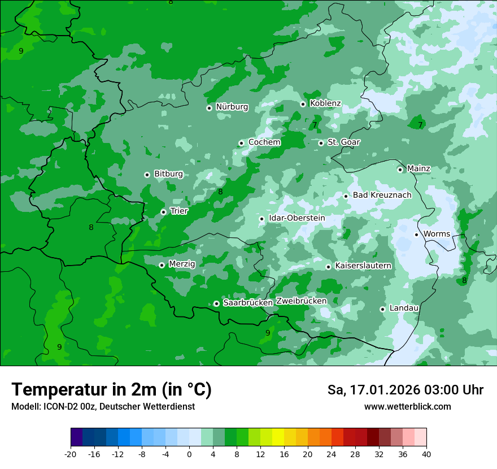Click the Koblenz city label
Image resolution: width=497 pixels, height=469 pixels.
tap(325, 103)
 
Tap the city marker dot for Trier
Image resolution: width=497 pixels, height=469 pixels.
tap(163, 212)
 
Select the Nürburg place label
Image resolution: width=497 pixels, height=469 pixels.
tap(232, 107)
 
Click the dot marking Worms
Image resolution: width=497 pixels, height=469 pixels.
tap(416, 234)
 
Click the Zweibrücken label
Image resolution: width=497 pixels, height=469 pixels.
tap(301, 301)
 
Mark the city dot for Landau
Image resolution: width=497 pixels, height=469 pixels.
tap(382, 309)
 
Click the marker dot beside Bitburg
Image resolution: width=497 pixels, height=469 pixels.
tap(147, 175)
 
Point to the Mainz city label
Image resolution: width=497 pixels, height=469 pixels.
tap(418, 169)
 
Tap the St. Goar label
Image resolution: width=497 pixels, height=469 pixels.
tap(343, 142)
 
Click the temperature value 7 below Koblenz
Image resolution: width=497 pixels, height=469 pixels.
tap(315, 125)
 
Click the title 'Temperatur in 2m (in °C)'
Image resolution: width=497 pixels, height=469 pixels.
tap(111, 390)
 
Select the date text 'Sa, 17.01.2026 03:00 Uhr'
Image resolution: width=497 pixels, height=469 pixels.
tap(405, 390)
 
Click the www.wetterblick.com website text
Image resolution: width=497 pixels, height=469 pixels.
tap(407, 407)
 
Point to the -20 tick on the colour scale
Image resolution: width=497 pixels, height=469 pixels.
tap(71, 454)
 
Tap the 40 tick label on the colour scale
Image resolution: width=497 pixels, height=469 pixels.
tap(426, 454)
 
